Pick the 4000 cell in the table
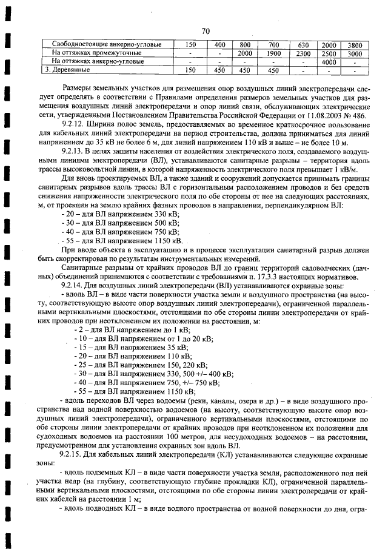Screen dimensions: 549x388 pyautogui.click(x=329, y=62)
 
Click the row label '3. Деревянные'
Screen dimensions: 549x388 pyautogui.click(x=67, y=70)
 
